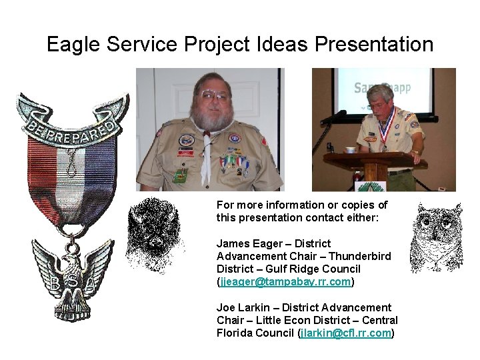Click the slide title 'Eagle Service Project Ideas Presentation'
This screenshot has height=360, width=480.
[240, 45]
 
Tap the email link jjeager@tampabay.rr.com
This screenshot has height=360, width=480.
[285, 282]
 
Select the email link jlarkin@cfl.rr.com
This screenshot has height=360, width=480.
[345, 333]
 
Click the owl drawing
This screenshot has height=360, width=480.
[436, 237]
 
